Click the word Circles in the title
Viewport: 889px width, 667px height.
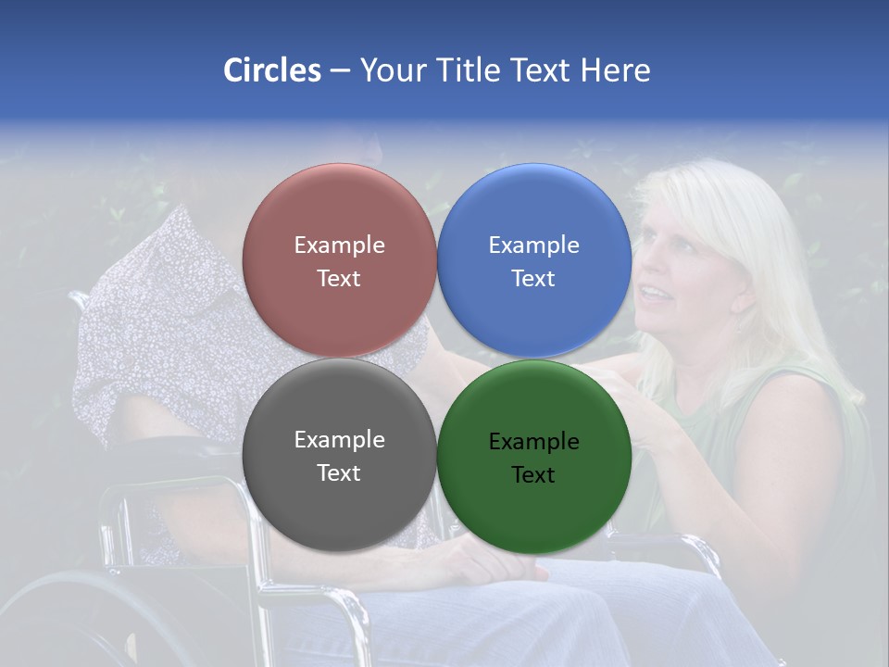(x=272, y=70)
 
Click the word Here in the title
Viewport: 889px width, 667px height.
(x=615, y=70)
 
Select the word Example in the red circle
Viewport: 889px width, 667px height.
(x=339, y=245)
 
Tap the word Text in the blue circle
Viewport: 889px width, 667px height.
(x=533, y=279)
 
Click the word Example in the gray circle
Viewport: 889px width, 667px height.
(x=339, y=440)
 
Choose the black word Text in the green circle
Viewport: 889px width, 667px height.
(x=533, y=475)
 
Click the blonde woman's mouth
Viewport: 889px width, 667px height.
(x=654, y=294)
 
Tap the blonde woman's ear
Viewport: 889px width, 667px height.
(x=741, y=298)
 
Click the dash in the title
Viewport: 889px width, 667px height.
(x=339, y=70)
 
